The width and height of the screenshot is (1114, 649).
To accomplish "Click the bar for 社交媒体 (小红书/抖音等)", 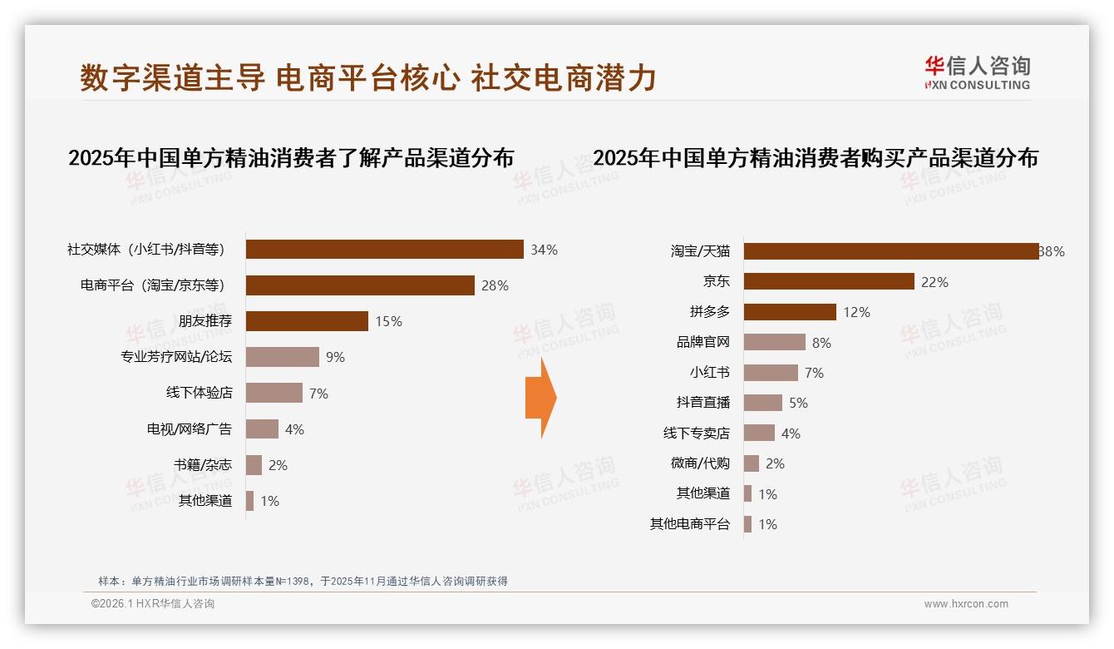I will [384, 250].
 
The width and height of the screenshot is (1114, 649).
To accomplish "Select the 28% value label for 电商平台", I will [495, 285].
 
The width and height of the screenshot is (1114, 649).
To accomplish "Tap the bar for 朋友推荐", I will [307, 321].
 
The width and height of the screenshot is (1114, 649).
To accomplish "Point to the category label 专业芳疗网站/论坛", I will [176, 357].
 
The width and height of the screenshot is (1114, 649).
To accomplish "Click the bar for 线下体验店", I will [274, 393].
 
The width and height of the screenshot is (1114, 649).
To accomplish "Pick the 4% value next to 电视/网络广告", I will [294, 429].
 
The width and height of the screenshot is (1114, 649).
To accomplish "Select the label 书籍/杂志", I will [204, 465].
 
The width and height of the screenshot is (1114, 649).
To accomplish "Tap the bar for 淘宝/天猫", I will [890, 251].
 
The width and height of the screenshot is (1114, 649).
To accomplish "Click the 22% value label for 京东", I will [934, 282].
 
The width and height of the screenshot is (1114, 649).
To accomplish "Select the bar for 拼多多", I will [790, 312].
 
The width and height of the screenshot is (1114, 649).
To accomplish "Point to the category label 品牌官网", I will [703, 342].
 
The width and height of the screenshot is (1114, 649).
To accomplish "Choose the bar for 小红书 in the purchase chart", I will [771, 373].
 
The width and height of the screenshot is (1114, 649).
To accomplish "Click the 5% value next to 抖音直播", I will [798, 403].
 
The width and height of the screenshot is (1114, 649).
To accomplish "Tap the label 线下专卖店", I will [697, 433].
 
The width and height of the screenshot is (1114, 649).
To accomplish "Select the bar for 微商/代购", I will [752, 463].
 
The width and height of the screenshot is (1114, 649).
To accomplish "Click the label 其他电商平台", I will [690, 524].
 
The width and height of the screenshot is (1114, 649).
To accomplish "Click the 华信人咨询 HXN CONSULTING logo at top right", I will [977, 72].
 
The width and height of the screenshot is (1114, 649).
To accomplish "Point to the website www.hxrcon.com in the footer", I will [966, 604].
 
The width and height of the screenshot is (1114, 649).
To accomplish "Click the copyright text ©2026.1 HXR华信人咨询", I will [153, 604].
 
